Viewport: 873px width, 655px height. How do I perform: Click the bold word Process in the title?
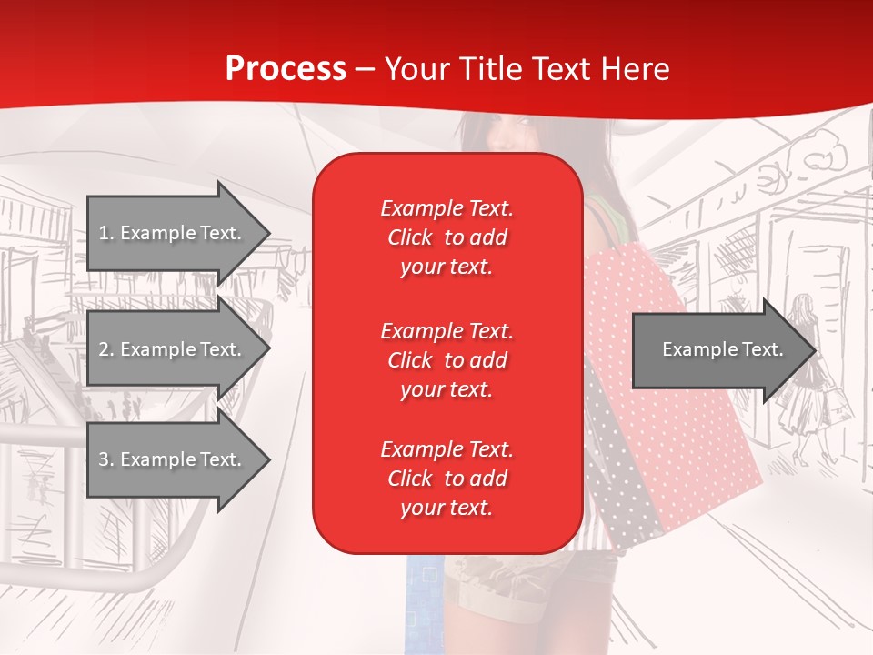[286, 69]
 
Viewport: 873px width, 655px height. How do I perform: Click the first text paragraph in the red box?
[447, 237]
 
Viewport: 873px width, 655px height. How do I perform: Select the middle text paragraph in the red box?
[447, 359]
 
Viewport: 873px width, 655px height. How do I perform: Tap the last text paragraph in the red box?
[447, 479]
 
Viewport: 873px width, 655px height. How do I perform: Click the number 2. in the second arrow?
[105, 349]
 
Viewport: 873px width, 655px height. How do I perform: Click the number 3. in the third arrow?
[105, 459]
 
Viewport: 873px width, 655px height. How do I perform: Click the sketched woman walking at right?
[805, 382]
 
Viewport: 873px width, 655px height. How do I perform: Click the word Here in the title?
[636, 69]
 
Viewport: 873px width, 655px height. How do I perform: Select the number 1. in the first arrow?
[105, 233]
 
